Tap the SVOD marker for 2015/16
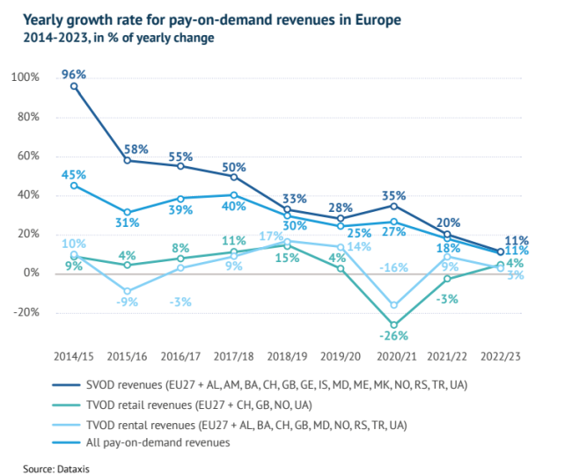pyautogui.click(x=128, y=160)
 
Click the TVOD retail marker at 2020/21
pyautogui.click(x=394, y=325)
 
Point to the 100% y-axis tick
pyautogui.click(x=26, y=77)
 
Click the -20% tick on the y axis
pyautogui.click(x=26, y=312)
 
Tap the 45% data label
pyautogui.click(x=74, y=173)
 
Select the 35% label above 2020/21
pyautogui.click(x=394, y=195)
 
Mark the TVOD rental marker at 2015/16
pyautogui.click(x=128, y=291)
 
